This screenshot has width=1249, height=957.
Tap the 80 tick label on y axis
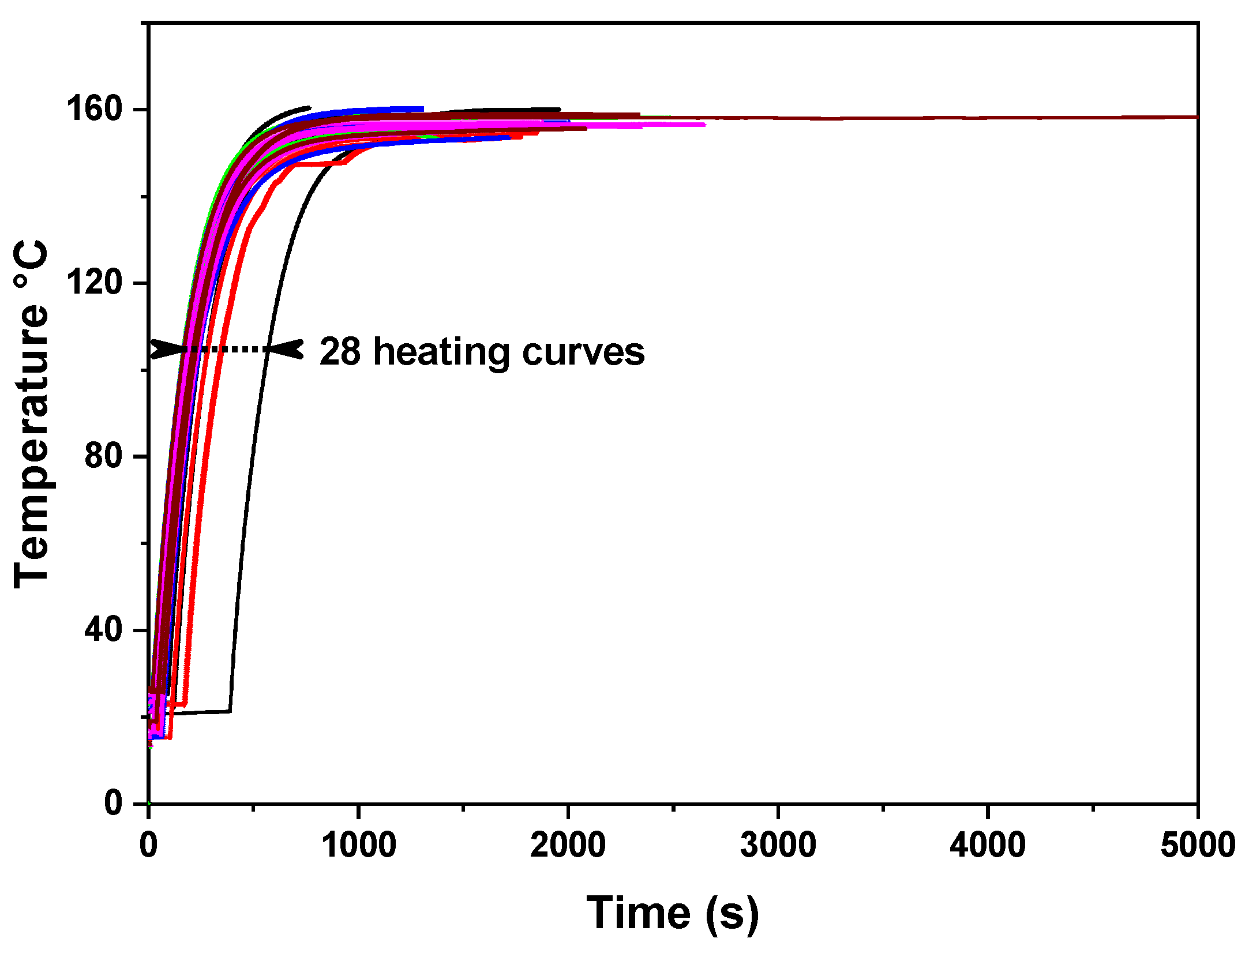coord(103,456)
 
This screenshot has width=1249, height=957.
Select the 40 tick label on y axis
coord(103,629)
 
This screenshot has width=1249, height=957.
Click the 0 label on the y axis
coord(114,802)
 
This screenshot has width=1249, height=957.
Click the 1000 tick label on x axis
coord(358,846)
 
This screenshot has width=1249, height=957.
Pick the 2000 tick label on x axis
coord(568,846)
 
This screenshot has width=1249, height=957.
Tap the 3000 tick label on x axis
coord(778,846)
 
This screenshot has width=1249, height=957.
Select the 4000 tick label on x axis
coord(988,846)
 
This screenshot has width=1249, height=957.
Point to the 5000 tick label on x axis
coord(1197,846)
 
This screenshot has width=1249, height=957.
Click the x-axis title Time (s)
coord(673,913)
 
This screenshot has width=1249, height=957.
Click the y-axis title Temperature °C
coord(32,414)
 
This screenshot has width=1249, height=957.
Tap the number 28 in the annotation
coord(340,351)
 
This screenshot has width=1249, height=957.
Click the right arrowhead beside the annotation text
coord(288,349)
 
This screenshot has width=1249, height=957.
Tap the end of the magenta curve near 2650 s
coord(703,124)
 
